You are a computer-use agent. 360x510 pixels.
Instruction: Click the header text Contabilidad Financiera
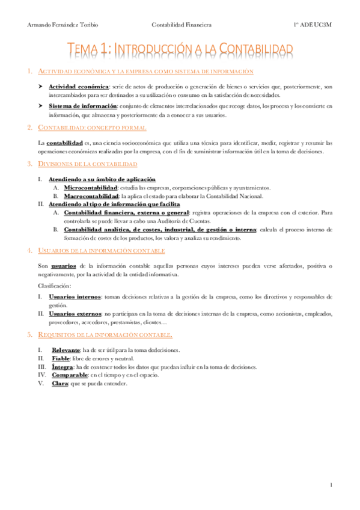tap(182, 25)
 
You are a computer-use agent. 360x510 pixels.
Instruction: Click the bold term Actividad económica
tap(79, 87)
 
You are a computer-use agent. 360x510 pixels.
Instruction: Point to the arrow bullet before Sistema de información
tap(41, 106)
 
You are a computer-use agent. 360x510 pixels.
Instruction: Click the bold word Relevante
tap(68, 349)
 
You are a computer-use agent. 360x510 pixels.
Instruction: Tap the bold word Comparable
tap(71, 375)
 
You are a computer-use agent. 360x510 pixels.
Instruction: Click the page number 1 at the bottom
tap(331, 485)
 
